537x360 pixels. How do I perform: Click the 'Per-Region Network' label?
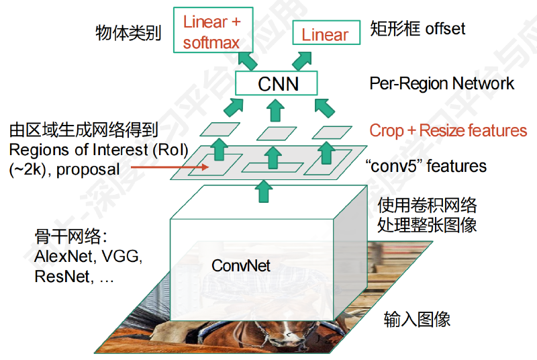pos(442,83)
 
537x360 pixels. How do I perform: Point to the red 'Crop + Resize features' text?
pos(448,130)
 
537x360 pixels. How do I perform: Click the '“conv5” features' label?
pos(426,166)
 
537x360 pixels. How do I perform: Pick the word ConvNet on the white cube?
pos(241,265)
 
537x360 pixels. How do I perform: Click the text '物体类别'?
pos(128,33)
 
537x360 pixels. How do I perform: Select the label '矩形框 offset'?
pos(418,28)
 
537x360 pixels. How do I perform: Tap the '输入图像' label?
pos(417,319)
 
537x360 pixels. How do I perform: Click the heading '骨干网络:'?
pos(71,236)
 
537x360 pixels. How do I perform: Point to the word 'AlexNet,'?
pos(63,256)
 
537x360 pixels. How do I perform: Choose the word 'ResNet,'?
pos(64,277)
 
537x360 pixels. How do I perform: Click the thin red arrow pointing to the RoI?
pos(170,167)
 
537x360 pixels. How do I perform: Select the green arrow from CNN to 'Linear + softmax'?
pos(247,60)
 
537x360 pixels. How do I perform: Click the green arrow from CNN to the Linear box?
pos(302,60)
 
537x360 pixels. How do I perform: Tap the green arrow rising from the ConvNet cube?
pos(264,191)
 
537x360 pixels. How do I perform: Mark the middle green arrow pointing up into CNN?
pos(275,110)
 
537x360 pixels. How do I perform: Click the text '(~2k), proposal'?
pos(64,169)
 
